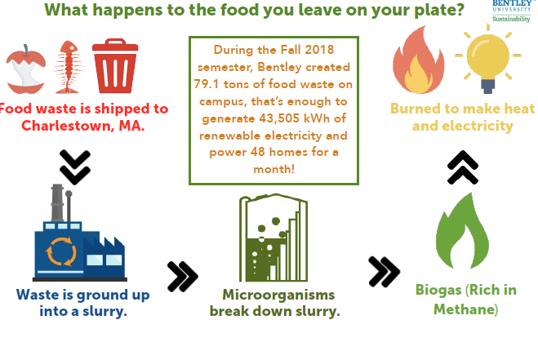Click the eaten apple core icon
[x=26, y=69]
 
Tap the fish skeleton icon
[x=69, y=67]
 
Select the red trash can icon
[x=115, y=66]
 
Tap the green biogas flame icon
[x=463, y=231]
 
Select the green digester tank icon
[x=273, y=238]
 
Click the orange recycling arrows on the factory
[x=61, y=251]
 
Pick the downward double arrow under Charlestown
[x=75, y=167]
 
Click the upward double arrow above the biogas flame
[x=463, y=167]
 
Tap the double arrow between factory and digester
[x=183, y=276]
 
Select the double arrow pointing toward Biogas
[x=384, y=272]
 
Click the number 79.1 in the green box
[x=206, y=84]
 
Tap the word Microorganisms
[x=278, y=295]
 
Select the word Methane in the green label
[x=465, y=309]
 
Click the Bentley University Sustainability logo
[x=511, y=11]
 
